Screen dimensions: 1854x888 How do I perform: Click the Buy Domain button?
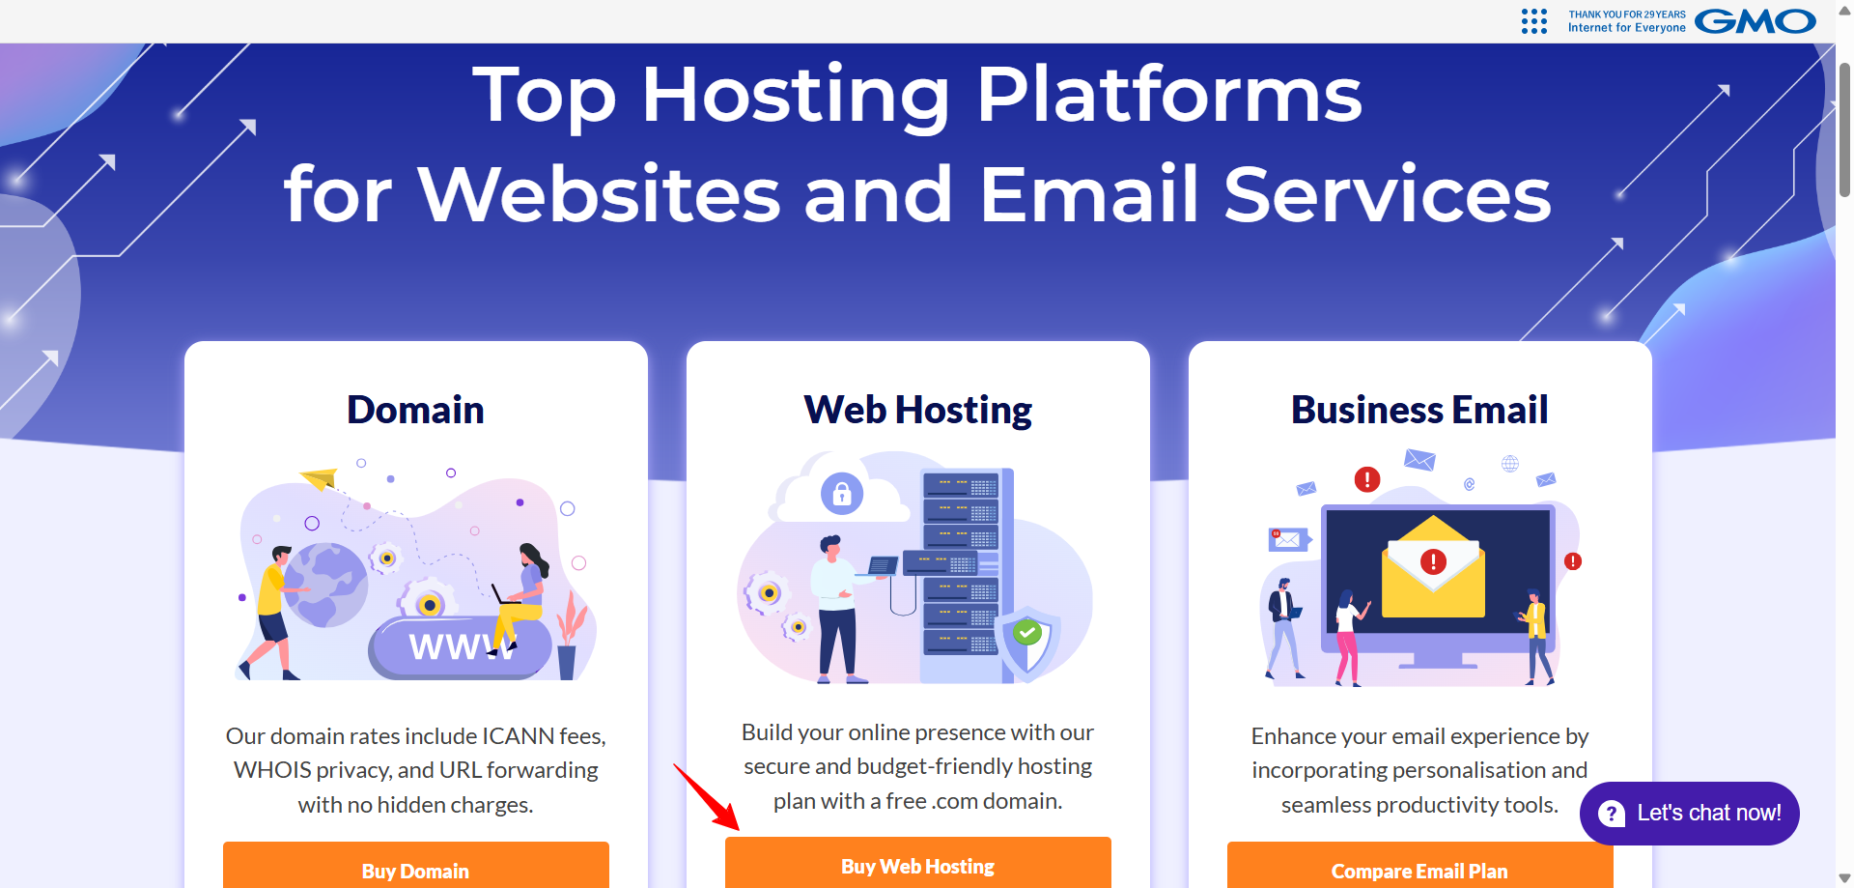point(415,866)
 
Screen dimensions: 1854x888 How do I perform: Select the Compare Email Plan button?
point(1419,866)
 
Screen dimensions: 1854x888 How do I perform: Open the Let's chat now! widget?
point(1689,814)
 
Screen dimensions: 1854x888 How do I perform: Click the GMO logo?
point(1756,21)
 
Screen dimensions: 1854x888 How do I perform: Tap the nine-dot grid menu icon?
point(1534,21)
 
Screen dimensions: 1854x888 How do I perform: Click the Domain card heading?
point(415,410)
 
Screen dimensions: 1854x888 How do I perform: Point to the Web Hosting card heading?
point(917,411)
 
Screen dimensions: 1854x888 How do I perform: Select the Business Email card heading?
point(1419,410)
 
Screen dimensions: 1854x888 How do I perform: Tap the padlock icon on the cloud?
point(842,494)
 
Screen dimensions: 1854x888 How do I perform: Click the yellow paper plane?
point(319,477)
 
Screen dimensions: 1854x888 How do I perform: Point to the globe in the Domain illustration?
point(325,586)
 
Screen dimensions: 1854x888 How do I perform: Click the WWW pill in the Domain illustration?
point(460,645)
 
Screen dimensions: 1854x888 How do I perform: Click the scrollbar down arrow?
point(1844,878)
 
